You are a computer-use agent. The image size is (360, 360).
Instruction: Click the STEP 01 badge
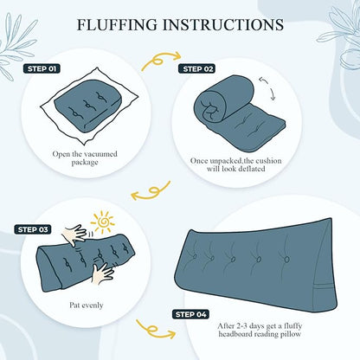42,69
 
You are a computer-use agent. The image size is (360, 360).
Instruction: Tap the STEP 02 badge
196,69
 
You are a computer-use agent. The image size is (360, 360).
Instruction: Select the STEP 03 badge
33,229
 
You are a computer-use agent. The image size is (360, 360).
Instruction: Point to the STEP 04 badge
190,314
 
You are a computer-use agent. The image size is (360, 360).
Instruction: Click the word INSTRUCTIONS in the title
223,24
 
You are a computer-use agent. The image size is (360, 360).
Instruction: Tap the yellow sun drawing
102,222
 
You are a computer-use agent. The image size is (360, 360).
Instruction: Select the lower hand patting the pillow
101,273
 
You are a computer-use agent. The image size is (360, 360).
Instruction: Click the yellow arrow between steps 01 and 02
159,61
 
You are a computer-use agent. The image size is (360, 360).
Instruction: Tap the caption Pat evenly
87,305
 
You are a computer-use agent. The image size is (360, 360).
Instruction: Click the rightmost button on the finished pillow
286,260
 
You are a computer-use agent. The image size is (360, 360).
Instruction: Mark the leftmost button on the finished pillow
195,256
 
